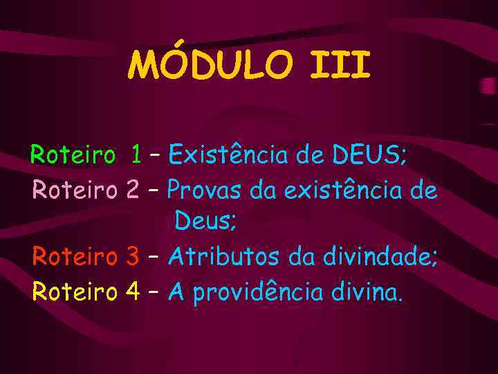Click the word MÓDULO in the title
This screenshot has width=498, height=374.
(x=207, y=65)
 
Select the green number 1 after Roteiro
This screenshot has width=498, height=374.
(x=137, y=154)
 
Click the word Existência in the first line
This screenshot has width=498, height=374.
(x=227, y=154)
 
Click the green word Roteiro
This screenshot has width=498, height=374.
(x=72, y=154)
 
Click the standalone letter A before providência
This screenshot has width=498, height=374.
(x=176, y=292)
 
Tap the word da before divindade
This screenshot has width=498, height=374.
(x=302, y=258)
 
